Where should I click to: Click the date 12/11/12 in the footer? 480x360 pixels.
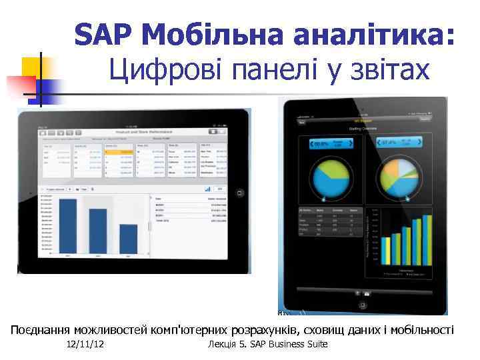(x=90, y=344)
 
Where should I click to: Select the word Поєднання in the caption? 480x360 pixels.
(x=39, y=329)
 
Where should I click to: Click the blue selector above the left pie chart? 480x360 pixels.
(x=330, y=143)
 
